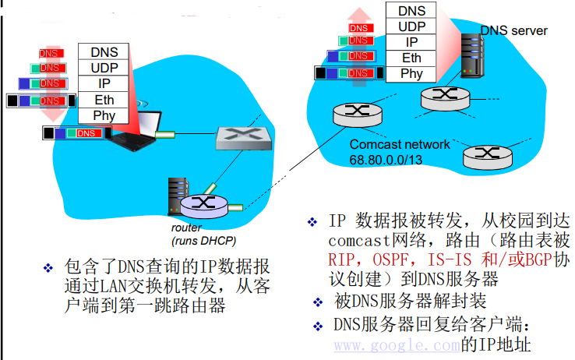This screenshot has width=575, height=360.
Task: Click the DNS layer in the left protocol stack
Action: coord(104,52)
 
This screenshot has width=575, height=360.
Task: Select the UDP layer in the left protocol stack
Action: coord(104,68)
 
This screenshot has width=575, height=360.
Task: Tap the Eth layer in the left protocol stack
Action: coord(104,100)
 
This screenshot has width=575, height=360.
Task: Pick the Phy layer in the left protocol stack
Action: coord(104,115)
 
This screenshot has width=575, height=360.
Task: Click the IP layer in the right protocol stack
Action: coord(411,42)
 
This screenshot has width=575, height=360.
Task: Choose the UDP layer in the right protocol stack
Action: coord(411,26)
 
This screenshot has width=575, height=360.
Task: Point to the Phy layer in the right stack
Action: coord(411,74)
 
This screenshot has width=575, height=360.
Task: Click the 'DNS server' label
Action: coord(513,30)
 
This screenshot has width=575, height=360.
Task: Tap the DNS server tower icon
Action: coord(471,54)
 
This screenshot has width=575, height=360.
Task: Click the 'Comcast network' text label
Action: coord(400,144)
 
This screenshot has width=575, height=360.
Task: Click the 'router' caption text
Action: coord(187,228)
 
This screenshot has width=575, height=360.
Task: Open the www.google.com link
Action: coord(397,344)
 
